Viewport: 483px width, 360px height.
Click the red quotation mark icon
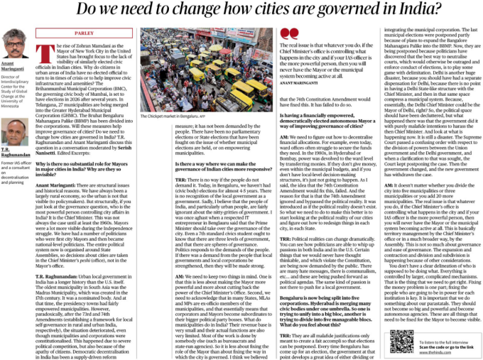click(290, 33)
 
